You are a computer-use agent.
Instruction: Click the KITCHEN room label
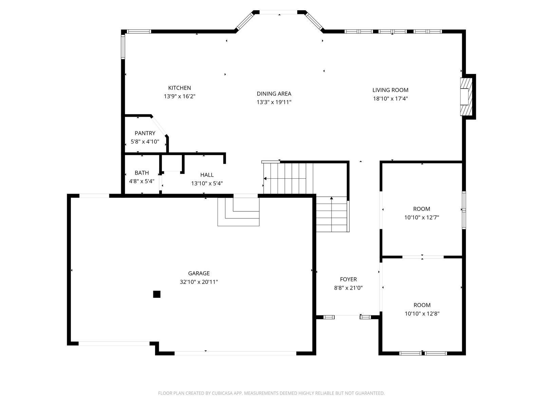(179, 88)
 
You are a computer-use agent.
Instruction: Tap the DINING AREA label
(274, 94)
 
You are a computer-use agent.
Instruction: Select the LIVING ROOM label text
(390, 90)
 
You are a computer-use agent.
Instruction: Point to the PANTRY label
(145, 133)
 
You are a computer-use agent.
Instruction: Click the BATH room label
(142, 173)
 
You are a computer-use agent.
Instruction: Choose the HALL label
(207, 175)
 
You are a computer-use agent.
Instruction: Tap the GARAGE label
(199, 273)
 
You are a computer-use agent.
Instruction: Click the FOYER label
(348, 279)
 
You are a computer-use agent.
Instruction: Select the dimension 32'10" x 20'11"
(199, 282)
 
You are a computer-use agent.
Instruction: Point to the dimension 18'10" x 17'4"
(390, 99)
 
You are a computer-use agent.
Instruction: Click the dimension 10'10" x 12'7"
(422, 217)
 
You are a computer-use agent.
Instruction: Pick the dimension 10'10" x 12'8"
(422, 314)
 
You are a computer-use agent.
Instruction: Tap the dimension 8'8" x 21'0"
(348, 288)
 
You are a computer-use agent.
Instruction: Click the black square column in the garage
(156, 294)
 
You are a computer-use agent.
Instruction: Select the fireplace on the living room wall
(466, 97)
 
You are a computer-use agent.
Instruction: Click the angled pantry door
(159, 126)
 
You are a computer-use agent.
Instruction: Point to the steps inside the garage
(238, 212)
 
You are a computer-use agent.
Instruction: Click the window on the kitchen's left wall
(123, 46)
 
